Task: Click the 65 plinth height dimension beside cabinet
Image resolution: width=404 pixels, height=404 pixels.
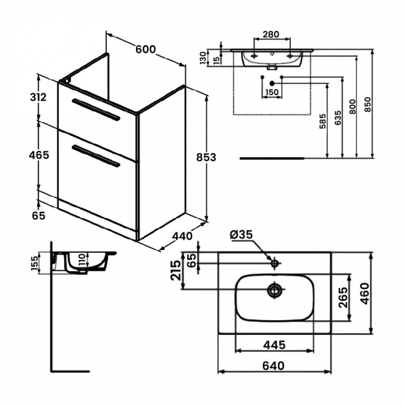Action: coord(39,216)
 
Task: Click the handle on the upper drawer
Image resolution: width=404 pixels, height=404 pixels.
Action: coord(96,108)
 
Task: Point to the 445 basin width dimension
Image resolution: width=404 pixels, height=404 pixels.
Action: coord(273,343)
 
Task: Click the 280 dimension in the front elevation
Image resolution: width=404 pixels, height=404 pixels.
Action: coord(270,35)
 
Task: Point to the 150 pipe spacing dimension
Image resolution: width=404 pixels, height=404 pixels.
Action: coord(272,93)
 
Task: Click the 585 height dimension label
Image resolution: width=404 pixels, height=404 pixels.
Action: coord(323,121)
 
